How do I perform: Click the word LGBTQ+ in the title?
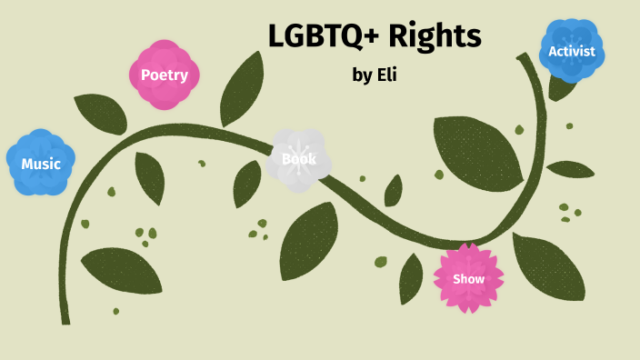point(323,36)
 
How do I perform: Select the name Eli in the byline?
point(386,75)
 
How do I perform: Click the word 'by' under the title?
point(362,75)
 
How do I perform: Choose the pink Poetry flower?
point(164,75)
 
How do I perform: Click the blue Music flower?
point(41,164)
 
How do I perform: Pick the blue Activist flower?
point(572,51)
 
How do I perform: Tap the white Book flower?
point(299,159)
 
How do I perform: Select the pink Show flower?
point(468,278)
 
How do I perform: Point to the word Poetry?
point(164,75)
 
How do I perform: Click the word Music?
point(41,165)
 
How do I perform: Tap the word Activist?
point(572,51)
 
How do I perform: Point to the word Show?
point(468,279)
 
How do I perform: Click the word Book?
point(299,159)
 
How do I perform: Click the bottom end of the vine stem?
point(65,318)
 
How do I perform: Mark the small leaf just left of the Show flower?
point(411,277)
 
